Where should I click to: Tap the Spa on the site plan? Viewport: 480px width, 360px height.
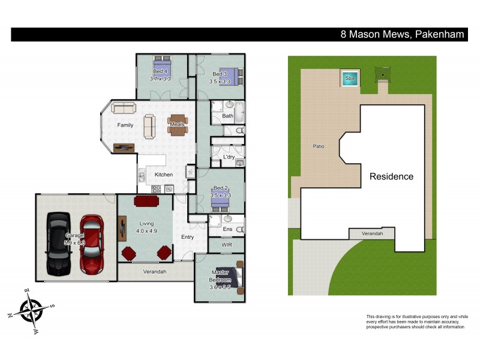click(349, 77)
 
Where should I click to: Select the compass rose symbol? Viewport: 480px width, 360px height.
click(30, 310)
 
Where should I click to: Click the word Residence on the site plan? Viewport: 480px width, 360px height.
click(391, 176)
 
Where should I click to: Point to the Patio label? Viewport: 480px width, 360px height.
click(318, 146)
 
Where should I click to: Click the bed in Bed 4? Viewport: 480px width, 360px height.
click(161, 67)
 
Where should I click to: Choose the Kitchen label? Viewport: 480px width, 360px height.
click(164, 175)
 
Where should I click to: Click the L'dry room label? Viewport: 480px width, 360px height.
click(229, 157)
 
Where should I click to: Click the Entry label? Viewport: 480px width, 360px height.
click(188, 237)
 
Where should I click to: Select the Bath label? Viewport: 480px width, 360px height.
click(227, 116)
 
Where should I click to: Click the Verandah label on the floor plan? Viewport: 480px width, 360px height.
click(155, 271)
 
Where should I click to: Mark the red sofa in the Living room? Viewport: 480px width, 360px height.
click(145, 201)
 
